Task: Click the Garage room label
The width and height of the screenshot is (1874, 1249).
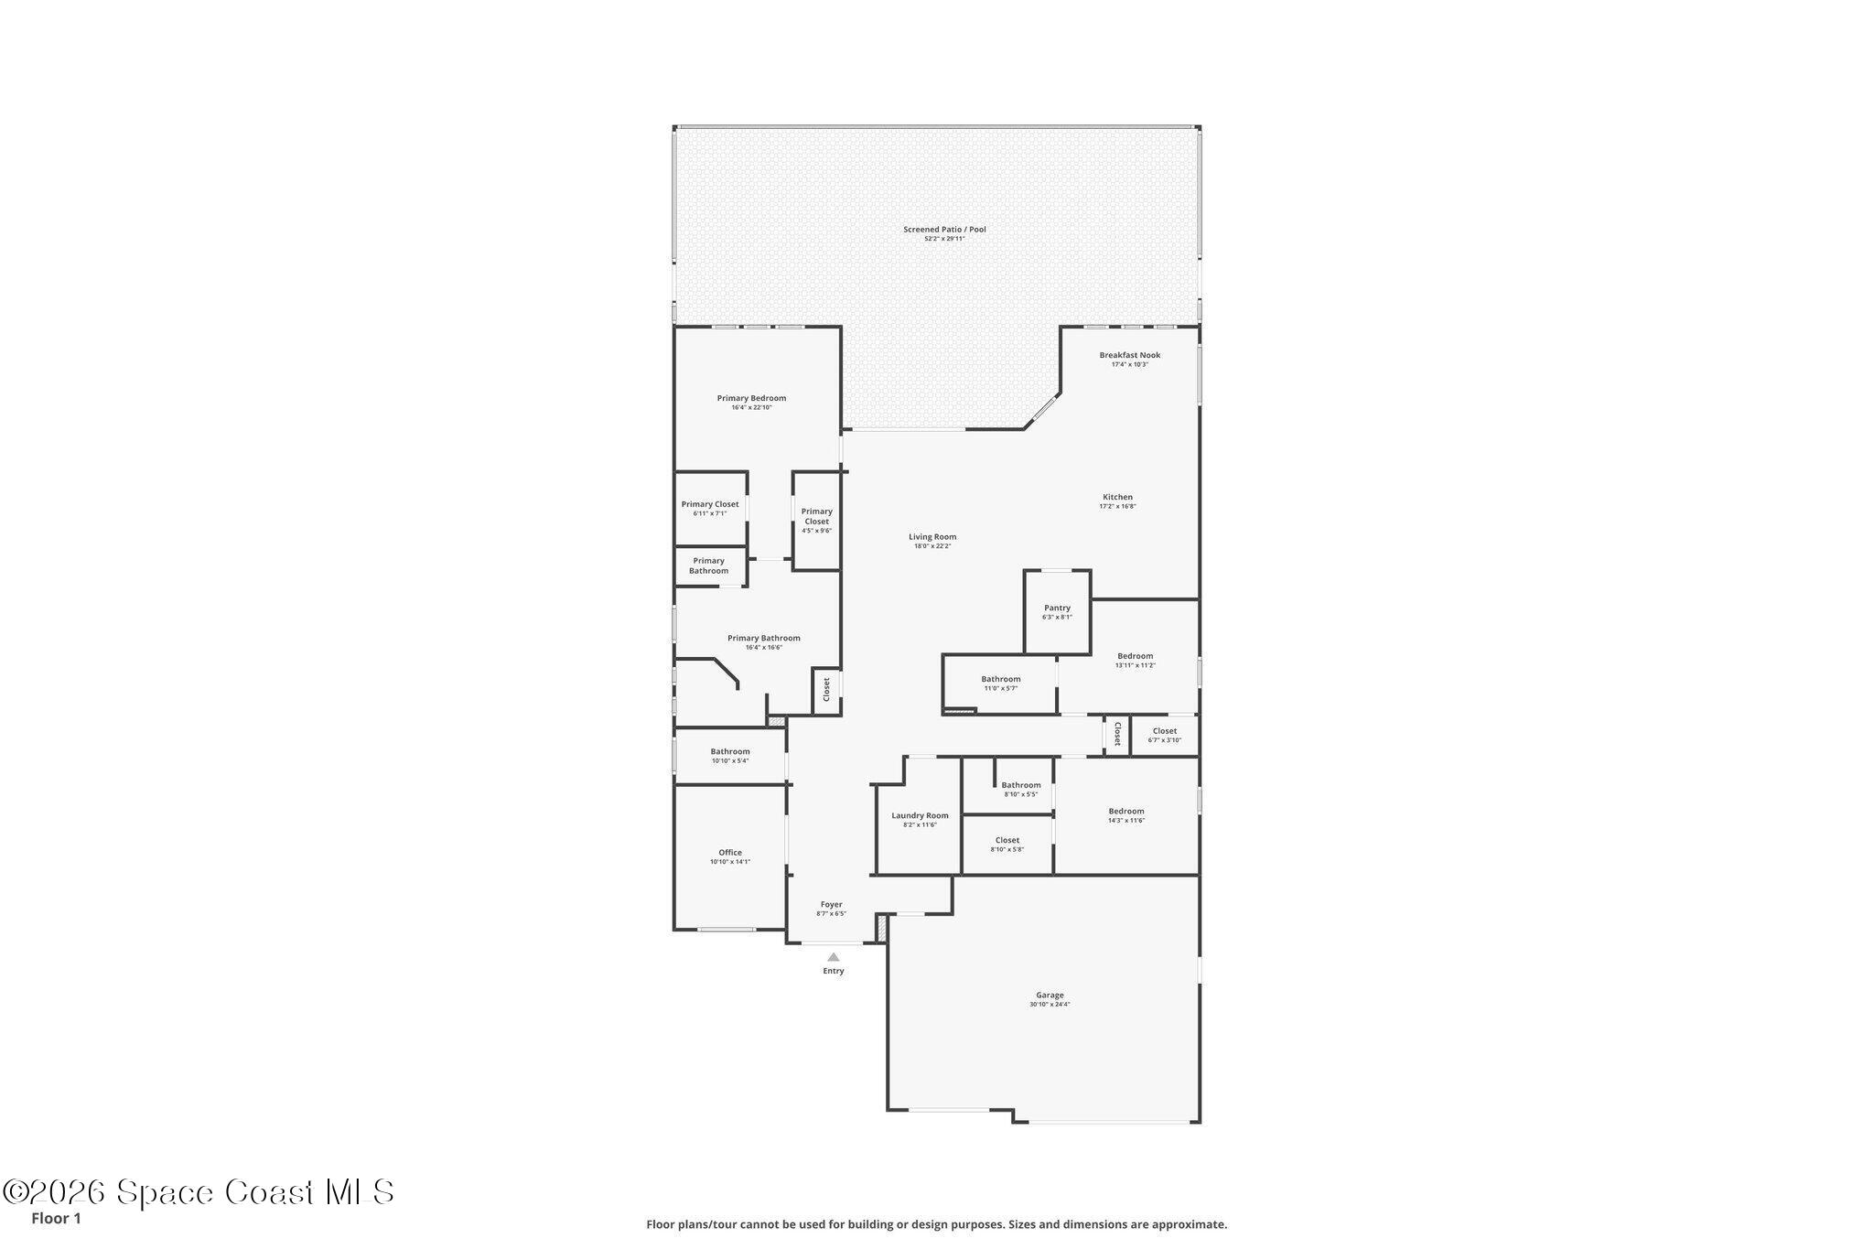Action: (1050, 995)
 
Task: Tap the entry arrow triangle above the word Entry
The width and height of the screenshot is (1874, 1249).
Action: (833, 956)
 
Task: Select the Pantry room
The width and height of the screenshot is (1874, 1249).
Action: (1057, 611)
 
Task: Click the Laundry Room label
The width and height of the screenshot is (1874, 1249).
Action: (920, 815)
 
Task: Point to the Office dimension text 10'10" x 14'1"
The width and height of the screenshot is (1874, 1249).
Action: (729, 862)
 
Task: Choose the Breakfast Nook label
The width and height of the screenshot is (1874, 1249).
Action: (1129, 355)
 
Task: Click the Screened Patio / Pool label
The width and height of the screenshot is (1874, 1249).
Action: (944, 229)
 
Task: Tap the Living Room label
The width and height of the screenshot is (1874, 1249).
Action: (932, 537)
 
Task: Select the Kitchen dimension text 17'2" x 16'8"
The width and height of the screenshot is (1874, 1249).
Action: (1117, 507)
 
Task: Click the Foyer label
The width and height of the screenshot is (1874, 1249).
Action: (831, 904)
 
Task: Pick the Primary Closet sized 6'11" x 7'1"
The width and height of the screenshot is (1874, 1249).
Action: (710, 508)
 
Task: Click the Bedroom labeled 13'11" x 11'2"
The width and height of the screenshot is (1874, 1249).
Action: (1135, 660)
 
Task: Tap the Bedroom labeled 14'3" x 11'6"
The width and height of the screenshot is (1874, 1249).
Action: (1125, 814)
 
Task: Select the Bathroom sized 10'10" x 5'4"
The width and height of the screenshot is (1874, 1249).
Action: (729, 755)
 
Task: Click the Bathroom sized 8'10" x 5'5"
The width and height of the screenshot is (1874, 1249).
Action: (1020, 789)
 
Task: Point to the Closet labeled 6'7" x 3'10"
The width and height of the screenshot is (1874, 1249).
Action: (1164, 735)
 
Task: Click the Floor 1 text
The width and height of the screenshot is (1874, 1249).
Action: (56, 1219)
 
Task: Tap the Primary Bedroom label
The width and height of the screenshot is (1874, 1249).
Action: (751, 398)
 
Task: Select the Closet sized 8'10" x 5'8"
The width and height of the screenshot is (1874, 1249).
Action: (1007, 844)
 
